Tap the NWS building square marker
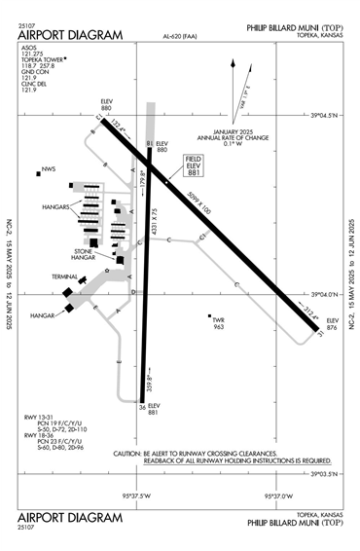[39, 173]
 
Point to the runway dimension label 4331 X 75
[156, 239]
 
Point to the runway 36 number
[142, 407]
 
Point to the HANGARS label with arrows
[54, 207]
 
